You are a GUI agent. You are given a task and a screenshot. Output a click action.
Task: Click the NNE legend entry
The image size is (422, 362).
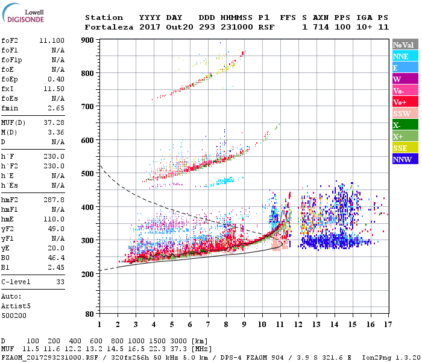click(x=402, y=56)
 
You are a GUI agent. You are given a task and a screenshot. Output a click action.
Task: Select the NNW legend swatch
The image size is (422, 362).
click(x=402, y=159)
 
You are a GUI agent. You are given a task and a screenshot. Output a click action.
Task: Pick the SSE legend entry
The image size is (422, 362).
click(x=402, y=148)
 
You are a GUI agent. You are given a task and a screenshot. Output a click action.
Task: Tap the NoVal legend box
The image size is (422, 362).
click(x=402, y=45)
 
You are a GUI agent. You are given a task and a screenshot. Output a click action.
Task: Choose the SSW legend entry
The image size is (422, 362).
click(x=402, y=113)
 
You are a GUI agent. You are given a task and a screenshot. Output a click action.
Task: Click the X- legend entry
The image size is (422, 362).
click(x=402, y=125)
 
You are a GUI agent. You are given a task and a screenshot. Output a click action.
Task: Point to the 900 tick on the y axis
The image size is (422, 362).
click(x=87, y=40)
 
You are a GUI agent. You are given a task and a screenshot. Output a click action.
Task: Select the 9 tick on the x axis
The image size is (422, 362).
click(x=244, y=324)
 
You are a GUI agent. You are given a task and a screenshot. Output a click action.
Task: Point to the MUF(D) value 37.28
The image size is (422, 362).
click(x=54, y=123)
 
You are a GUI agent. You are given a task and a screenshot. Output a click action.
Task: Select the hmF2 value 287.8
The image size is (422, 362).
click(x=54, y=199)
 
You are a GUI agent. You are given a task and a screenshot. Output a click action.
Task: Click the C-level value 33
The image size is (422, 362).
click(x=60, y=282)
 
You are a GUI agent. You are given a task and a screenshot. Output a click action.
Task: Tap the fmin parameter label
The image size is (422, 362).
click(x=9, y=108)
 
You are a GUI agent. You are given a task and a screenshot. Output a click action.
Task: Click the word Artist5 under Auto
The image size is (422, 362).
click(x=15, y=306)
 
